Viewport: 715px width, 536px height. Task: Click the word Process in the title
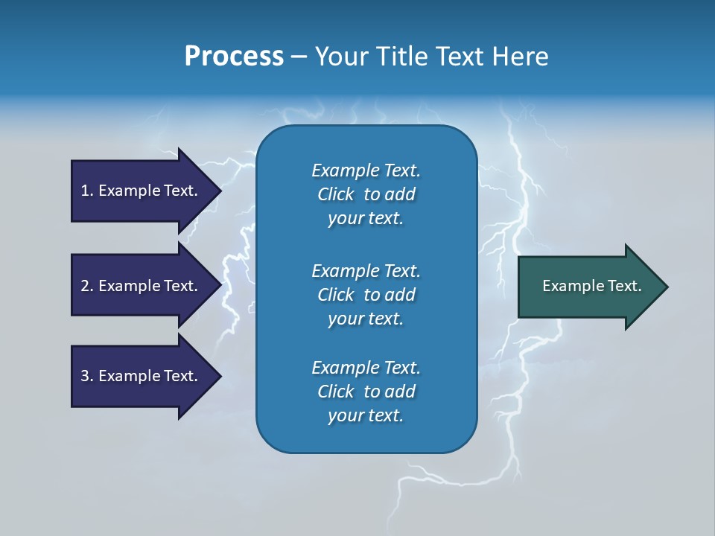point(234,57)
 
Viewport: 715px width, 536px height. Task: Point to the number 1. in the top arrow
point(87,191)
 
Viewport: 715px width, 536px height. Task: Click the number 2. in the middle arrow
point(87,286)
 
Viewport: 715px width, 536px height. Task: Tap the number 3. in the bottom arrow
point(87,376)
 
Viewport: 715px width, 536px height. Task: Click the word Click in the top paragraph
point(336,194)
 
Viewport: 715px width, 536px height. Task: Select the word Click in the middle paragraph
point(336,295)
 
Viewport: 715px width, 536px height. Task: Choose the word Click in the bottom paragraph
point(336,392)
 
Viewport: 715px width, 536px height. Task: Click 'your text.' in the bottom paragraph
point(366,415)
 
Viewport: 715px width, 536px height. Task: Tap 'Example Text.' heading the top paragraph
point(366,170)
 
